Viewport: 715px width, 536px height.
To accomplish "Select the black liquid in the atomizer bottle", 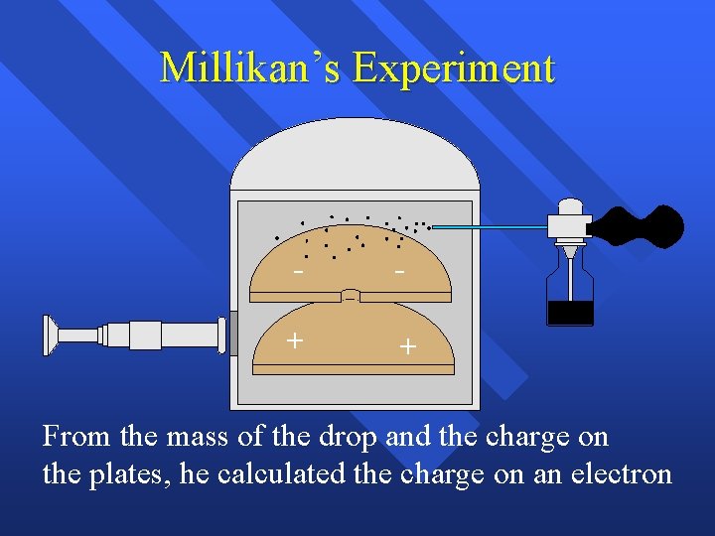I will pos(570,313).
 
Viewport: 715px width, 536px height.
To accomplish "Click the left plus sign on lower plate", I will pos(294,340).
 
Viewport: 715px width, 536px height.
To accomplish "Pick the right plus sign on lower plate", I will pos(407,346).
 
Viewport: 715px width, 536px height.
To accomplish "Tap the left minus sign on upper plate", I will pos(298,270).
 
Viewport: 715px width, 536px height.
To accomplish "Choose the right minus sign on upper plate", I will pos(399,270).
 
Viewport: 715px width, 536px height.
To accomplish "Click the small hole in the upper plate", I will pos(351,296).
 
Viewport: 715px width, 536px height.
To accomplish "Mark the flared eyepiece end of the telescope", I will pos(50,335).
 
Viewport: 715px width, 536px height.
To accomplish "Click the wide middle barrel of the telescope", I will pos(145,335).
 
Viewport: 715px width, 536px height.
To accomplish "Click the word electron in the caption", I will pos(622,473).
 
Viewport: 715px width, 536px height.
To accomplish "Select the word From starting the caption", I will pos(73,437).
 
